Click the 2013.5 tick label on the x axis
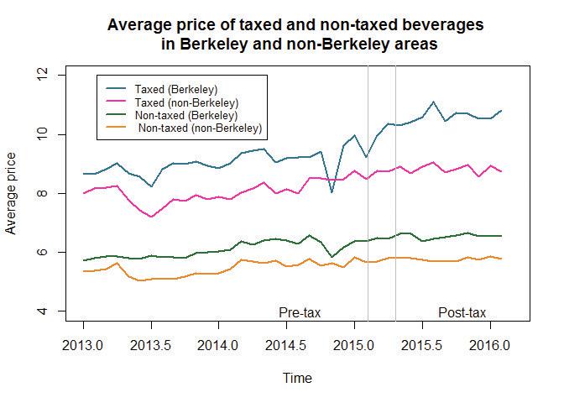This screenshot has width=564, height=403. tap(151, 345)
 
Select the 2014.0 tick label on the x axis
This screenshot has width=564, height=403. tap(219, 345)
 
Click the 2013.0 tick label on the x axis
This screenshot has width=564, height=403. tap(83, 345)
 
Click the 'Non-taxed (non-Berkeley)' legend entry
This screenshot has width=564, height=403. tap(201, 128)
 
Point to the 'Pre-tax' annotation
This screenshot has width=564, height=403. tap(300, 312)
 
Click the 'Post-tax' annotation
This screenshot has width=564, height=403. tap(462, 312)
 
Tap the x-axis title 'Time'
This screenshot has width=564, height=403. tap(298, 379)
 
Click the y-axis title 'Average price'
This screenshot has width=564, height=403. tap(13, 194)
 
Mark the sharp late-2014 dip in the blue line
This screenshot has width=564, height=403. tap(332, 192)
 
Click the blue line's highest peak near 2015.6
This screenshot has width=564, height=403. tap(433, 102)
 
